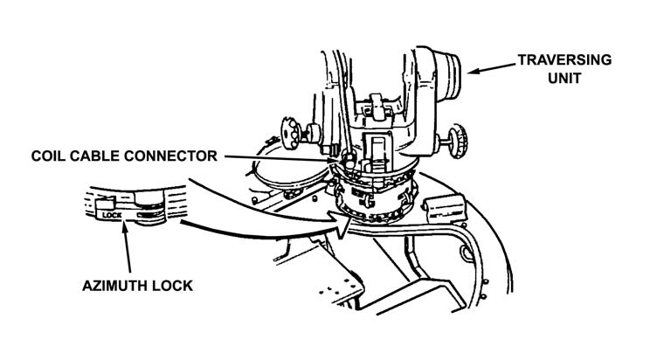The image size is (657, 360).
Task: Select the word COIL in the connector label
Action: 50,156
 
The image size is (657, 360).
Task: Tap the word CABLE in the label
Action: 98,156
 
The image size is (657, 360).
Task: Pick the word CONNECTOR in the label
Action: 170,156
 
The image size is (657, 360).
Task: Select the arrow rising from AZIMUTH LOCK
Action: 128,253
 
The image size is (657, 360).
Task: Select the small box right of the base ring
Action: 445,206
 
